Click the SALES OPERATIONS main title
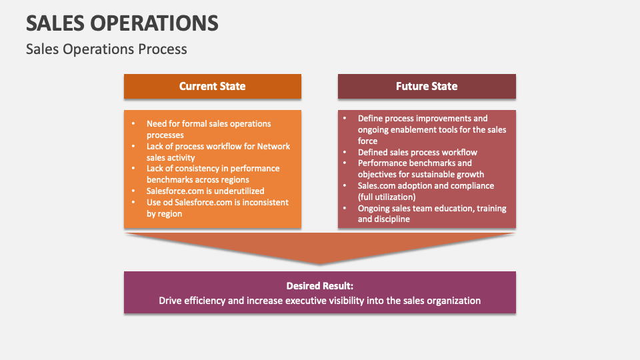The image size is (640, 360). click(122, 23)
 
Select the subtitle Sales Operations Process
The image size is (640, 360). click(107, 49)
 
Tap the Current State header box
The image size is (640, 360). click(212, 86)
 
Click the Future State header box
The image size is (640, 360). click(427, 86)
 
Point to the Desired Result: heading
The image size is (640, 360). click(319, 285)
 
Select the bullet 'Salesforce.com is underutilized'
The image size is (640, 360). click(205, 191)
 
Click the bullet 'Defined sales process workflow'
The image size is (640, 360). click(417, 152)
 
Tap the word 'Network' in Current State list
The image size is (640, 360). click(273, 146)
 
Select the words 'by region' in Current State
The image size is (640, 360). click(164, 213)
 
